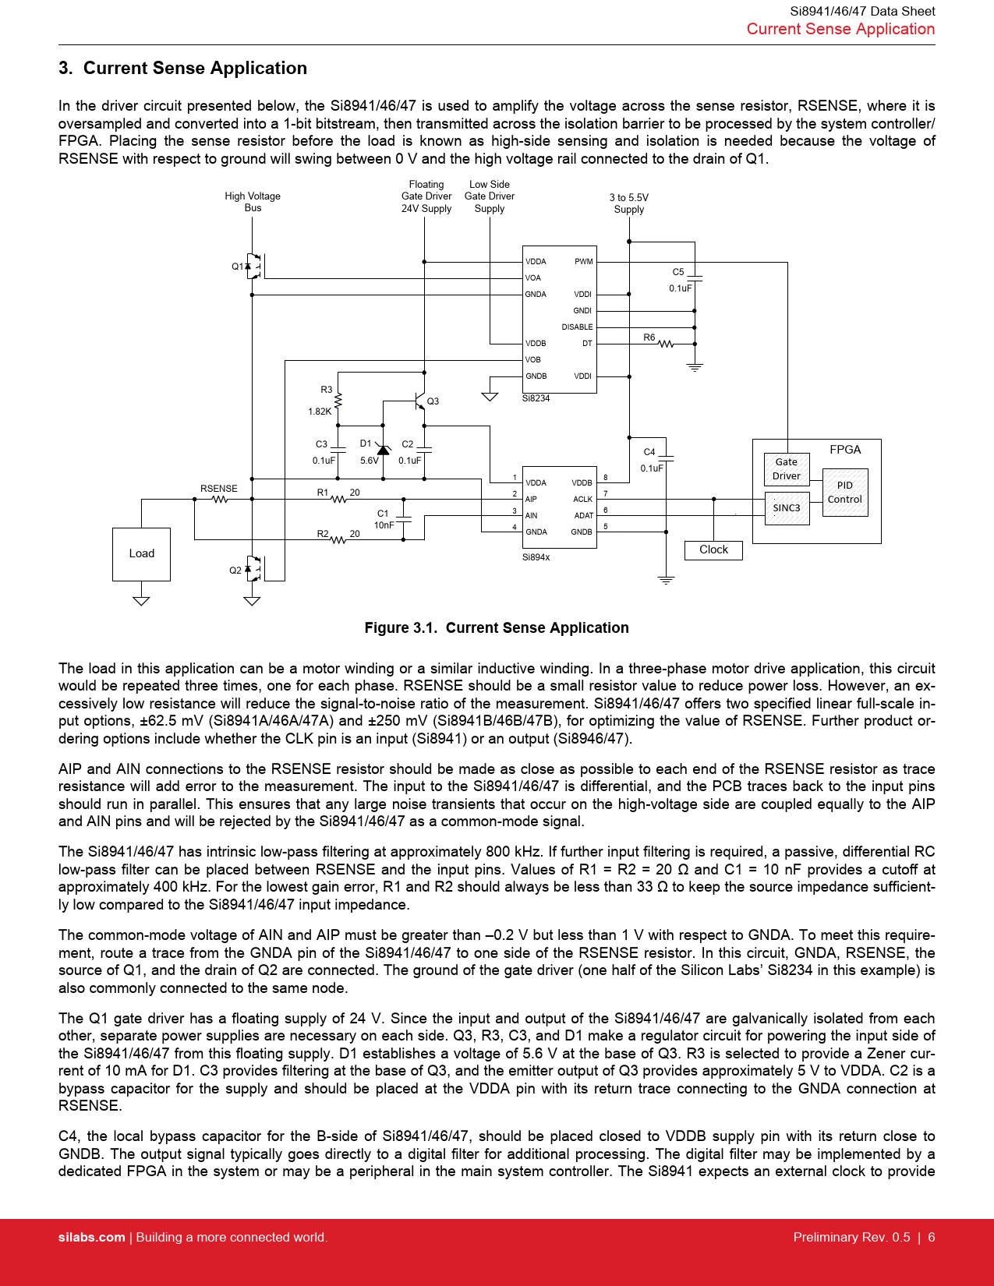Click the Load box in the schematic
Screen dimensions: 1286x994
pyautogui.click(x=141, y=553)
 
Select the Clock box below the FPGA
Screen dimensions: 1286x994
pyautogui.click(x=713, y=549)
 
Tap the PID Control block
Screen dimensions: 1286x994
pyautogui.click(x=845, y=492)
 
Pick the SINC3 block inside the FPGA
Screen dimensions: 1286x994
pyautogui.click(x=787, y=508)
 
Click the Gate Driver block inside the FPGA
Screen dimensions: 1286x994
pyautogui.click(x=787, y=469)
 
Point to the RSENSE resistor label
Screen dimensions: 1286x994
pyautogui.click(x=218, y=489)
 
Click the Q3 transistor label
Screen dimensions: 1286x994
pyautogui.click(x=433, y=401)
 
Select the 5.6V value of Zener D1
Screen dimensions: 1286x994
pyautogui.click(x=369, y=461)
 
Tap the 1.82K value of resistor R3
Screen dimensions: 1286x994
pyautogui.click(x=320, y=412)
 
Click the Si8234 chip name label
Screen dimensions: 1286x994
pyautogui.click(x=536, y=398)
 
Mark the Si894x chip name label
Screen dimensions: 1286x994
pyautogui.click(x=536, y=557)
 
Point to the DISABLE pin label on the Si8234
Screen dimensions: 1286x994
pyautogui.click(x=577, y=327)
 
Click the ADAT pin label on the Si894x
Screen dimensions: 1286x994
pyautogui.click(x=583, y=516)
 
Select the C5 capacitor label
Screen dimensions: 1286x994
pyautogui.click(x=678, y=272)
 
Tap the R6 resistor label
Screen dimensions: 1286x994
pyautogui.click(x=649, y=337)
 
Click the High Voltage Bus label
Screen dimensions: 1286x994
pyautogui.click(x=253, y=202)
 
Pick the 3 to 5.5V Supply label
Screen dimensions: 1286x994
pyautogui.click(x=628, y=203)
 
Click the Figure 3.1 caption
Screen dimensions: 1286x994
pyautogui.click(x=497, y=628)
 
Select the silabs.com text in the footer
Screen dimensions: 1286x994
pyautogui.click(x=91, y=1238)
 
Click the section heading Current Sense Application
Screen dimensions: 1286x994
pyautogui.click(x=195, y=69)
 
